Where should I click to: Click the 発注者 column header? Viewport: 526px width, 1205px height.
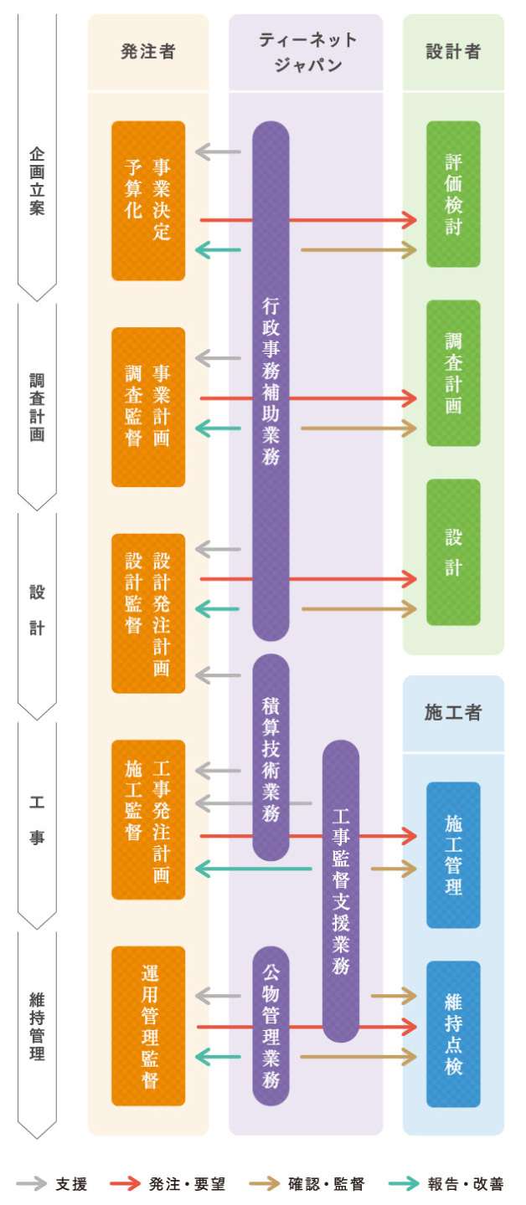coord(148,52)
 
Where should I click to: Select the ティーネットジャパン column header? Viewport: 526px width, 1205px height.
coord(306,52)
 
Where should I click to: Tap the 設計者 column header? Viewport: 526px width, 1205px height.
coord(453,52)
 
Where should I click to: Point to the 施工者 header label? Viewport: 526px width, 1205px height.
coord(453,713)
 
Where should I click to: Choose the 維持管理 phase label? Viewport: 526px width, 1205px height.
coord(37,1026)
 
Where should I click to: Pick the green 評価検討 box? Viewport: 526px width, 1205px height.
coord(453,194)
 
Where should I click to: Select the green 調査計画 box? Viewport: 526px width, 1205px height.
coord(453,373)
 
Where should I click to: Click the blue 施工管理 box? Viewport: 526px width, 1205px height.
coord(453,854)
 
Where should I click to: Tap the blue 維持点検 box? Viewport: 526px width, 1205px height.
coord(453,1033)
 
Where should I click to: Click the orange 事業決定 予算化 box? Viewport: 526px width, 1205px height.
coord(148,201)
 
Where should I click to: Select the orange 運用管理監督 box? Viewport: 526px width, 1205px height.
coord(148,1026)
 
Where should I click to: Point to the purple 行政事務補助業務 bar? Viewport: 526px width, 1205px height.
coord(271,381)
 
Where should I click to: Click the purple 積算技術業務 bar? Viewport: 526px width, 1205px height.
coord(271,757)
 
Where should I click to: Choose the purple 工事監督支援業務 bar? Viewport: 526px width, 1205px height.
coord(340,890)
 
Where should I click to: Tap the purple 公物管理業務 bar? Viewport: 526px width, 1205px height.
coord(271,1026)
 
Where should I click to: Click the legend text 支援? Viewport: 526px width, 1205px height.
coord(71,1184)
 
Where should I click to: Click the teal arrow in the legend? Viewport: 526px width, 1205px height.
coord(405,1184)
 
